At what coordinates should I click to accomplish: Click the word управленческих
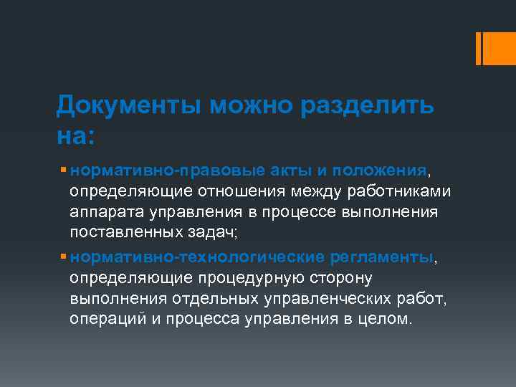click(x=321, y=297)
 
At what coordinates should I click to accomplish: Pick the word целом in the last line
click(x=386, y=318)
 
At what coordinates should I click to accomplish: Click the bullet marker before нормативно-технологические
click(x=64, y=256)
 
